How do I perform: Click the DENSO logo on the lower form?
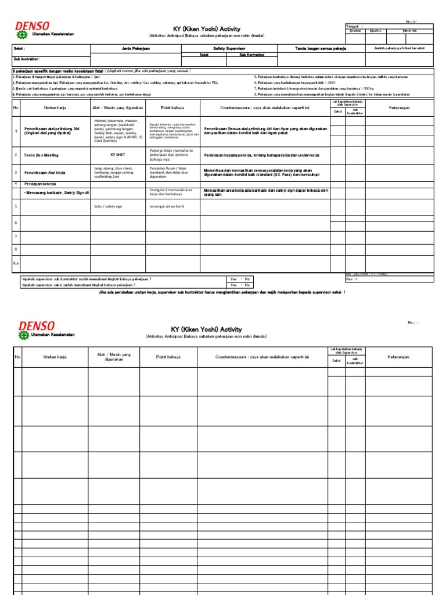click(x=37, y=327)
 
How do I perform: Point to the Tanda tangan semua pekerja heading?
click(x=321, y=48)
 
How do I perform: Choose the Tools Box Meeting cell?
click(x=41, y=155)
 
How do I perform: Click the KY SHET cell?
click(x=118, y=155)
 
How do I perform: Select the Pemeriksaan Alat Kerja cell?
click(x=44, y=173)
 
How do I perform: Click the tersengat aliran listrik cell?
click(x=167, y=206)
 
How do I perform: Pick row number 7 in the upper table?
click(x=16, y=236)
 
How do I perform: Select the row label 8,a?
click(x=16, y=263)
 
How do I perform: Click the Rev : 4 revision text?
click(x=353, y=279)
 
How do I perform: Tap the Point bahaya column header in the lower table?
click(x=168, y=357)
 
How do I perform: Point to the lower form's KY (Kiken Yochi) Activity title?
click(x=206, y=329)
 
